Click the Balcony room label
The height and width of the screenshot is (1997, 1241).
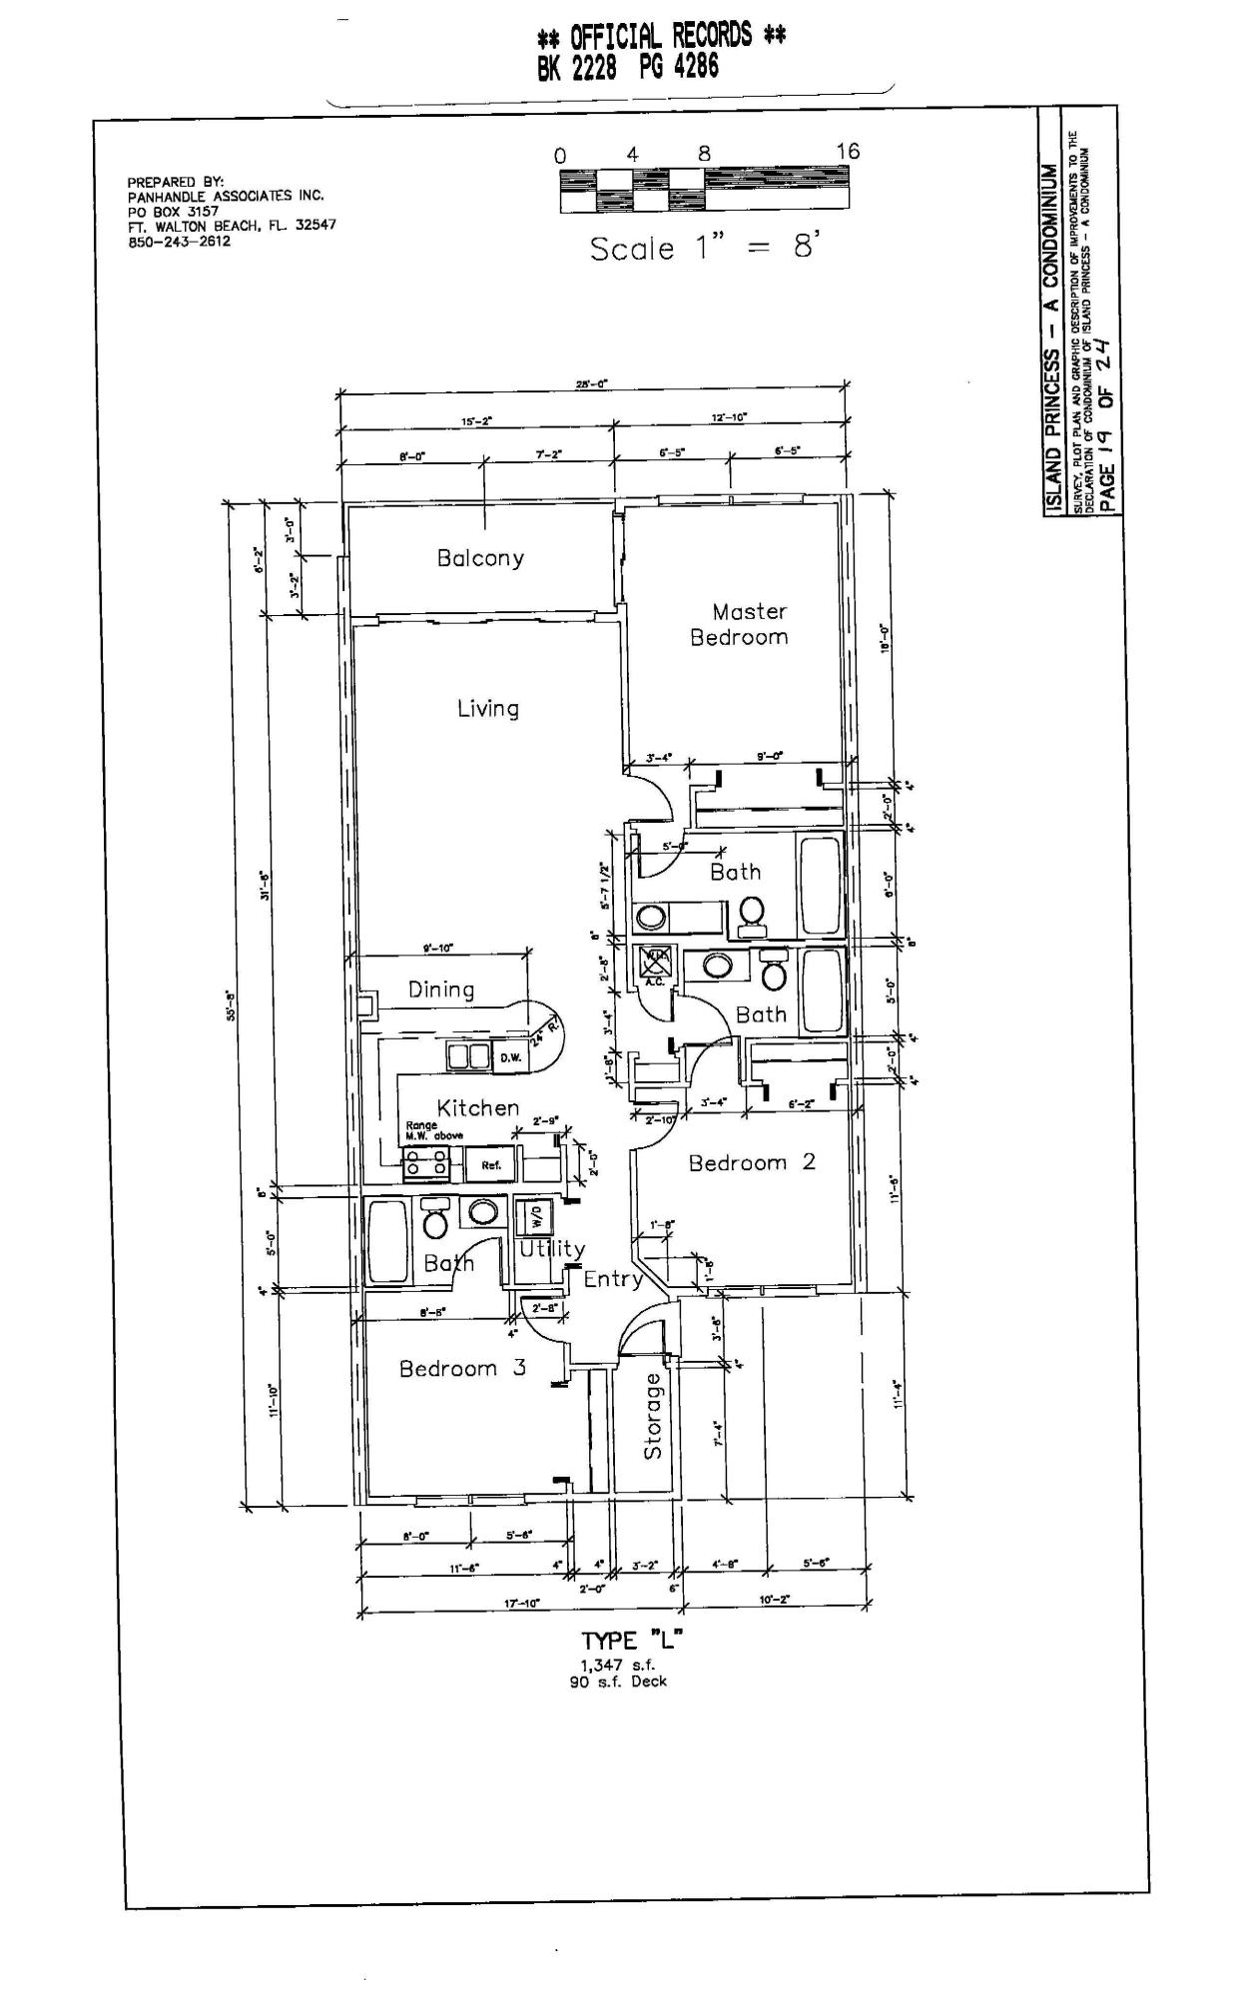tap(480, 558)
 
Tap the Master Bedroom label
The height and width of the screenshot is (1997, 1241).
tap(740, 624)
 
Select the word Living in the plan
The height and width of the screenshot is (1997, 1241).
tap(488, 709)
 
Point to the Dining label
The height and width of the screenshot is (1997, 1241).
tap(441, 990)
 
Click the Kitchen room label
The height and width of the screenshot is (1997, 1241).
tap(478, 1107)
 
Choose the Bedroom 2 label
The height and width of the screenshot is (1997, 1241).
tap(752, 1162)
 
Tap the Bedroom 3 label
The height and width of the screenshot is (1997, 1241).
tap(462, 1368)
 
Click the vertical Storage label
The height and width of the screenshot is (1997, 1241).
tap(653, 1415)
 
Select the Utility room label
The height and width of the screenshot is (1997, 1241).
tap(552, 1248)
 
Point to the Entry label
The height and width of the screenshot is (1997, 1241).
tap(613, 1279)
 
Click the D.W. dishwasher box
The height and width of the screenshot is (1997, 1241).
tap(510, 1057)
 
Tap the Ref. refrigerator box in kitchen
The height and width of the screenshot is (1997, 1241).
tap(490, 1165)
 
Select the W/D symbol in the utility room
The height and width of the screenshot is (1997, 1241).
tap(538, 1216)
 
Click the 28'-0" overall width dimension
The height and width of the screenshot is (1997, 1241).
tap(592, 383)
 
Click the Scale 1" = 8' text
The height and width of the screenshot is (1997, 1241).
tap(704, 248)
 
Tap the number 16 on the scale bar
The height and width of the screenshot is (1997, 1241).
tap(848, 151)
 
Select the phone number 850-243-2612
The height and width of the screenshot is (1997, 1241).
tap(179, 241)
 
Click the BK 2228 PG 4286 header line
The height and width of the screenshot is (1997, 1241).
tap(627, 68)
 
